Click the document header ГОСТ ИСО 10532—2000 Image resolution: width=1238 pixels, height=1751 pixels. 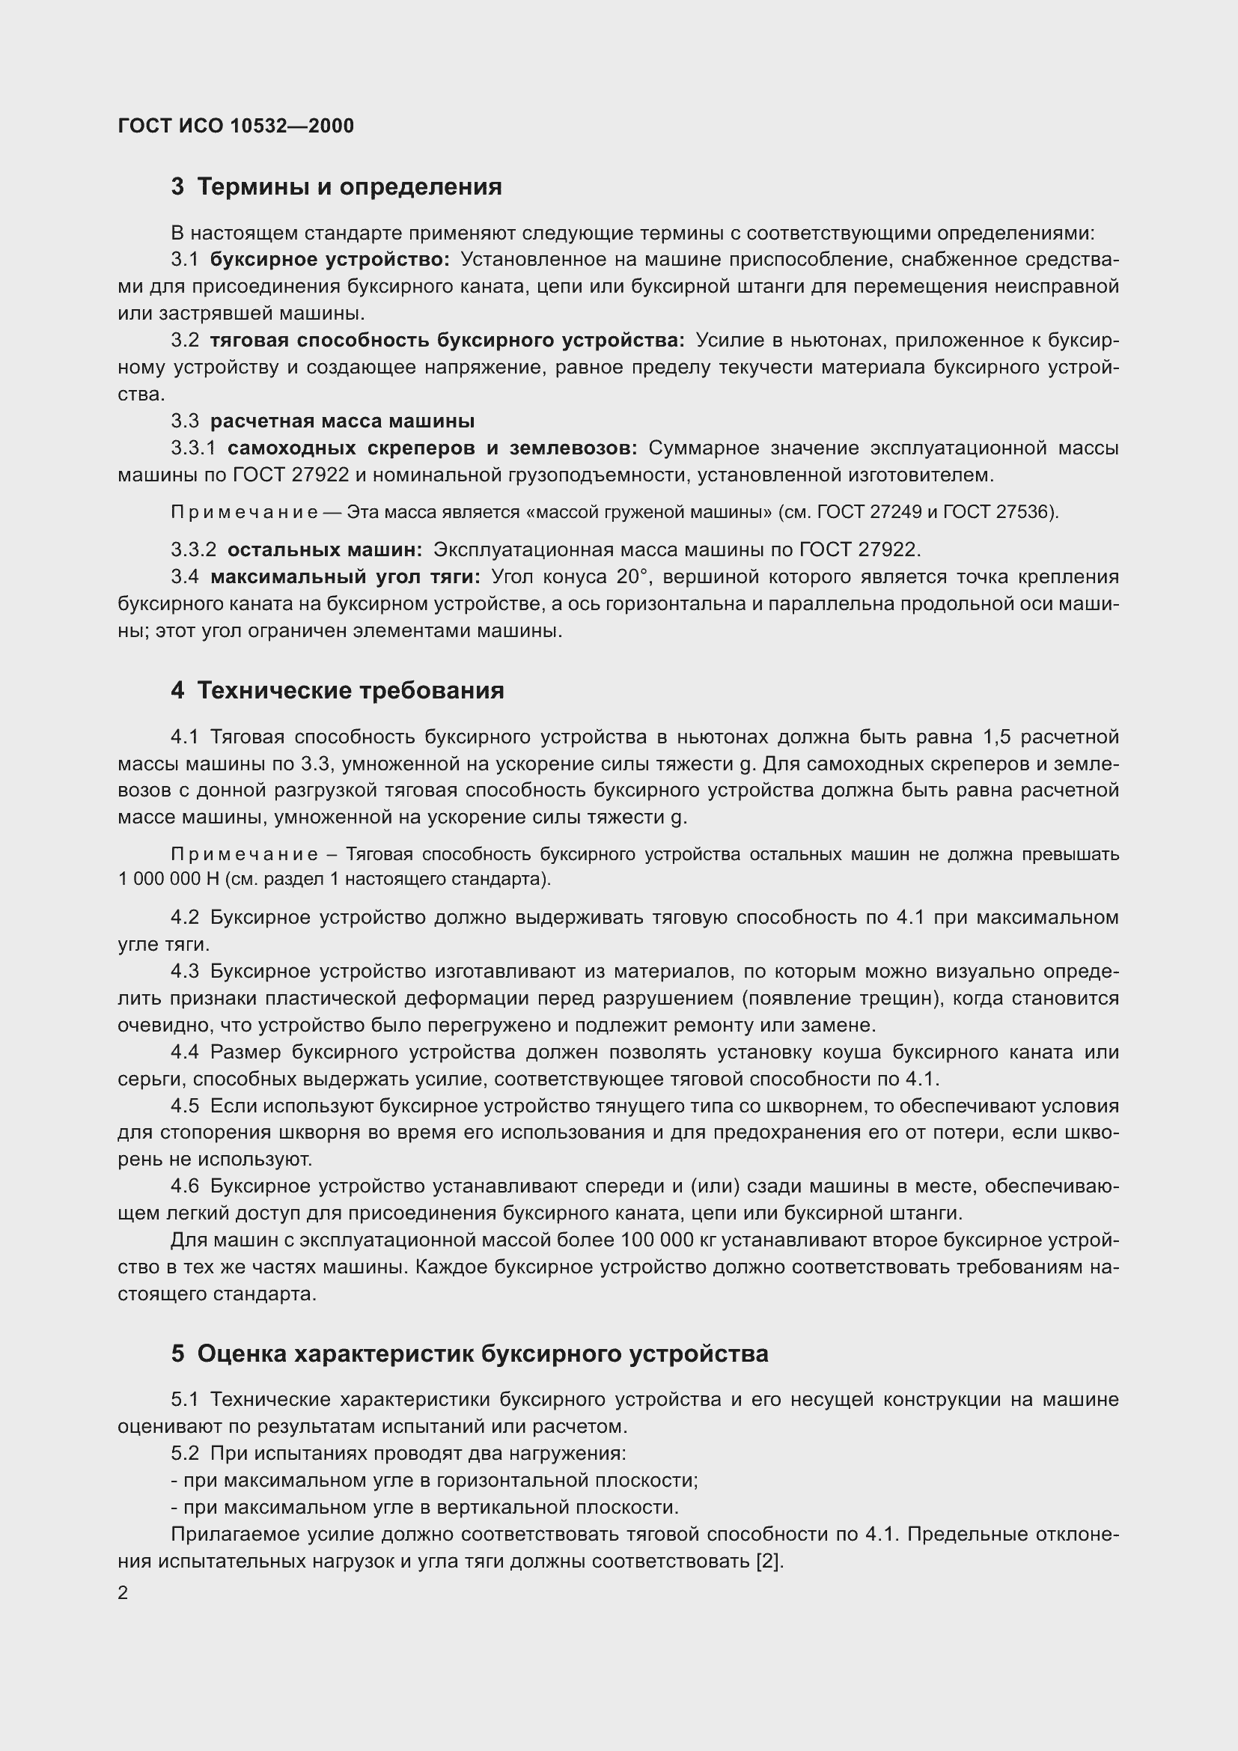236,126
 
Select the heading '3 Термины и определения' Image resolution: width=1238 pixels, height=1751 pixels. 336,187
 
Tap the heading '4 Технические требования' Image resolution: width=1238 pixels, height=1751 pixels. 337,690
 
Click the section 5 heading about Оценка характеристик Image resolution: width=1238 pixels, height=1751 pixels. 469,1353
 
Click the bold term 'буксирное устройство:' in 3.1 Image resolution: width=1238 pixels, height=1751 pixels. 330,259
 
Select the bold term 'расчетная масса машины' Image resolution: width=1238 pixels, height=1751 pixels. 342,421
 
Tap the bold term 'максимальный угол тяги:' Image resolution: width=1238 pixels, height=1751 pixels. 345,576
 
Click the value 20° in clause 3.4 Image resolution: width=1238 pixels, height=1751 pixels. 632,576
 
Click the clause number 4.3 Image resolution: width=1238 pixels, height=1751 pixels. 184,972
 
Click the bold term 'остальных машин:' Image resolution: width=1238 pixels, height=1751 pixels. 325,549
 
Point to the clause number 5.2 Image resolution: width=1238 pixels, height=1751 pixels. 184,1454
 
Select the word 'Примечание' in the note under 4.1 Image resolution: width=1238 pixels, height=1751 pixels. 245,854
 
